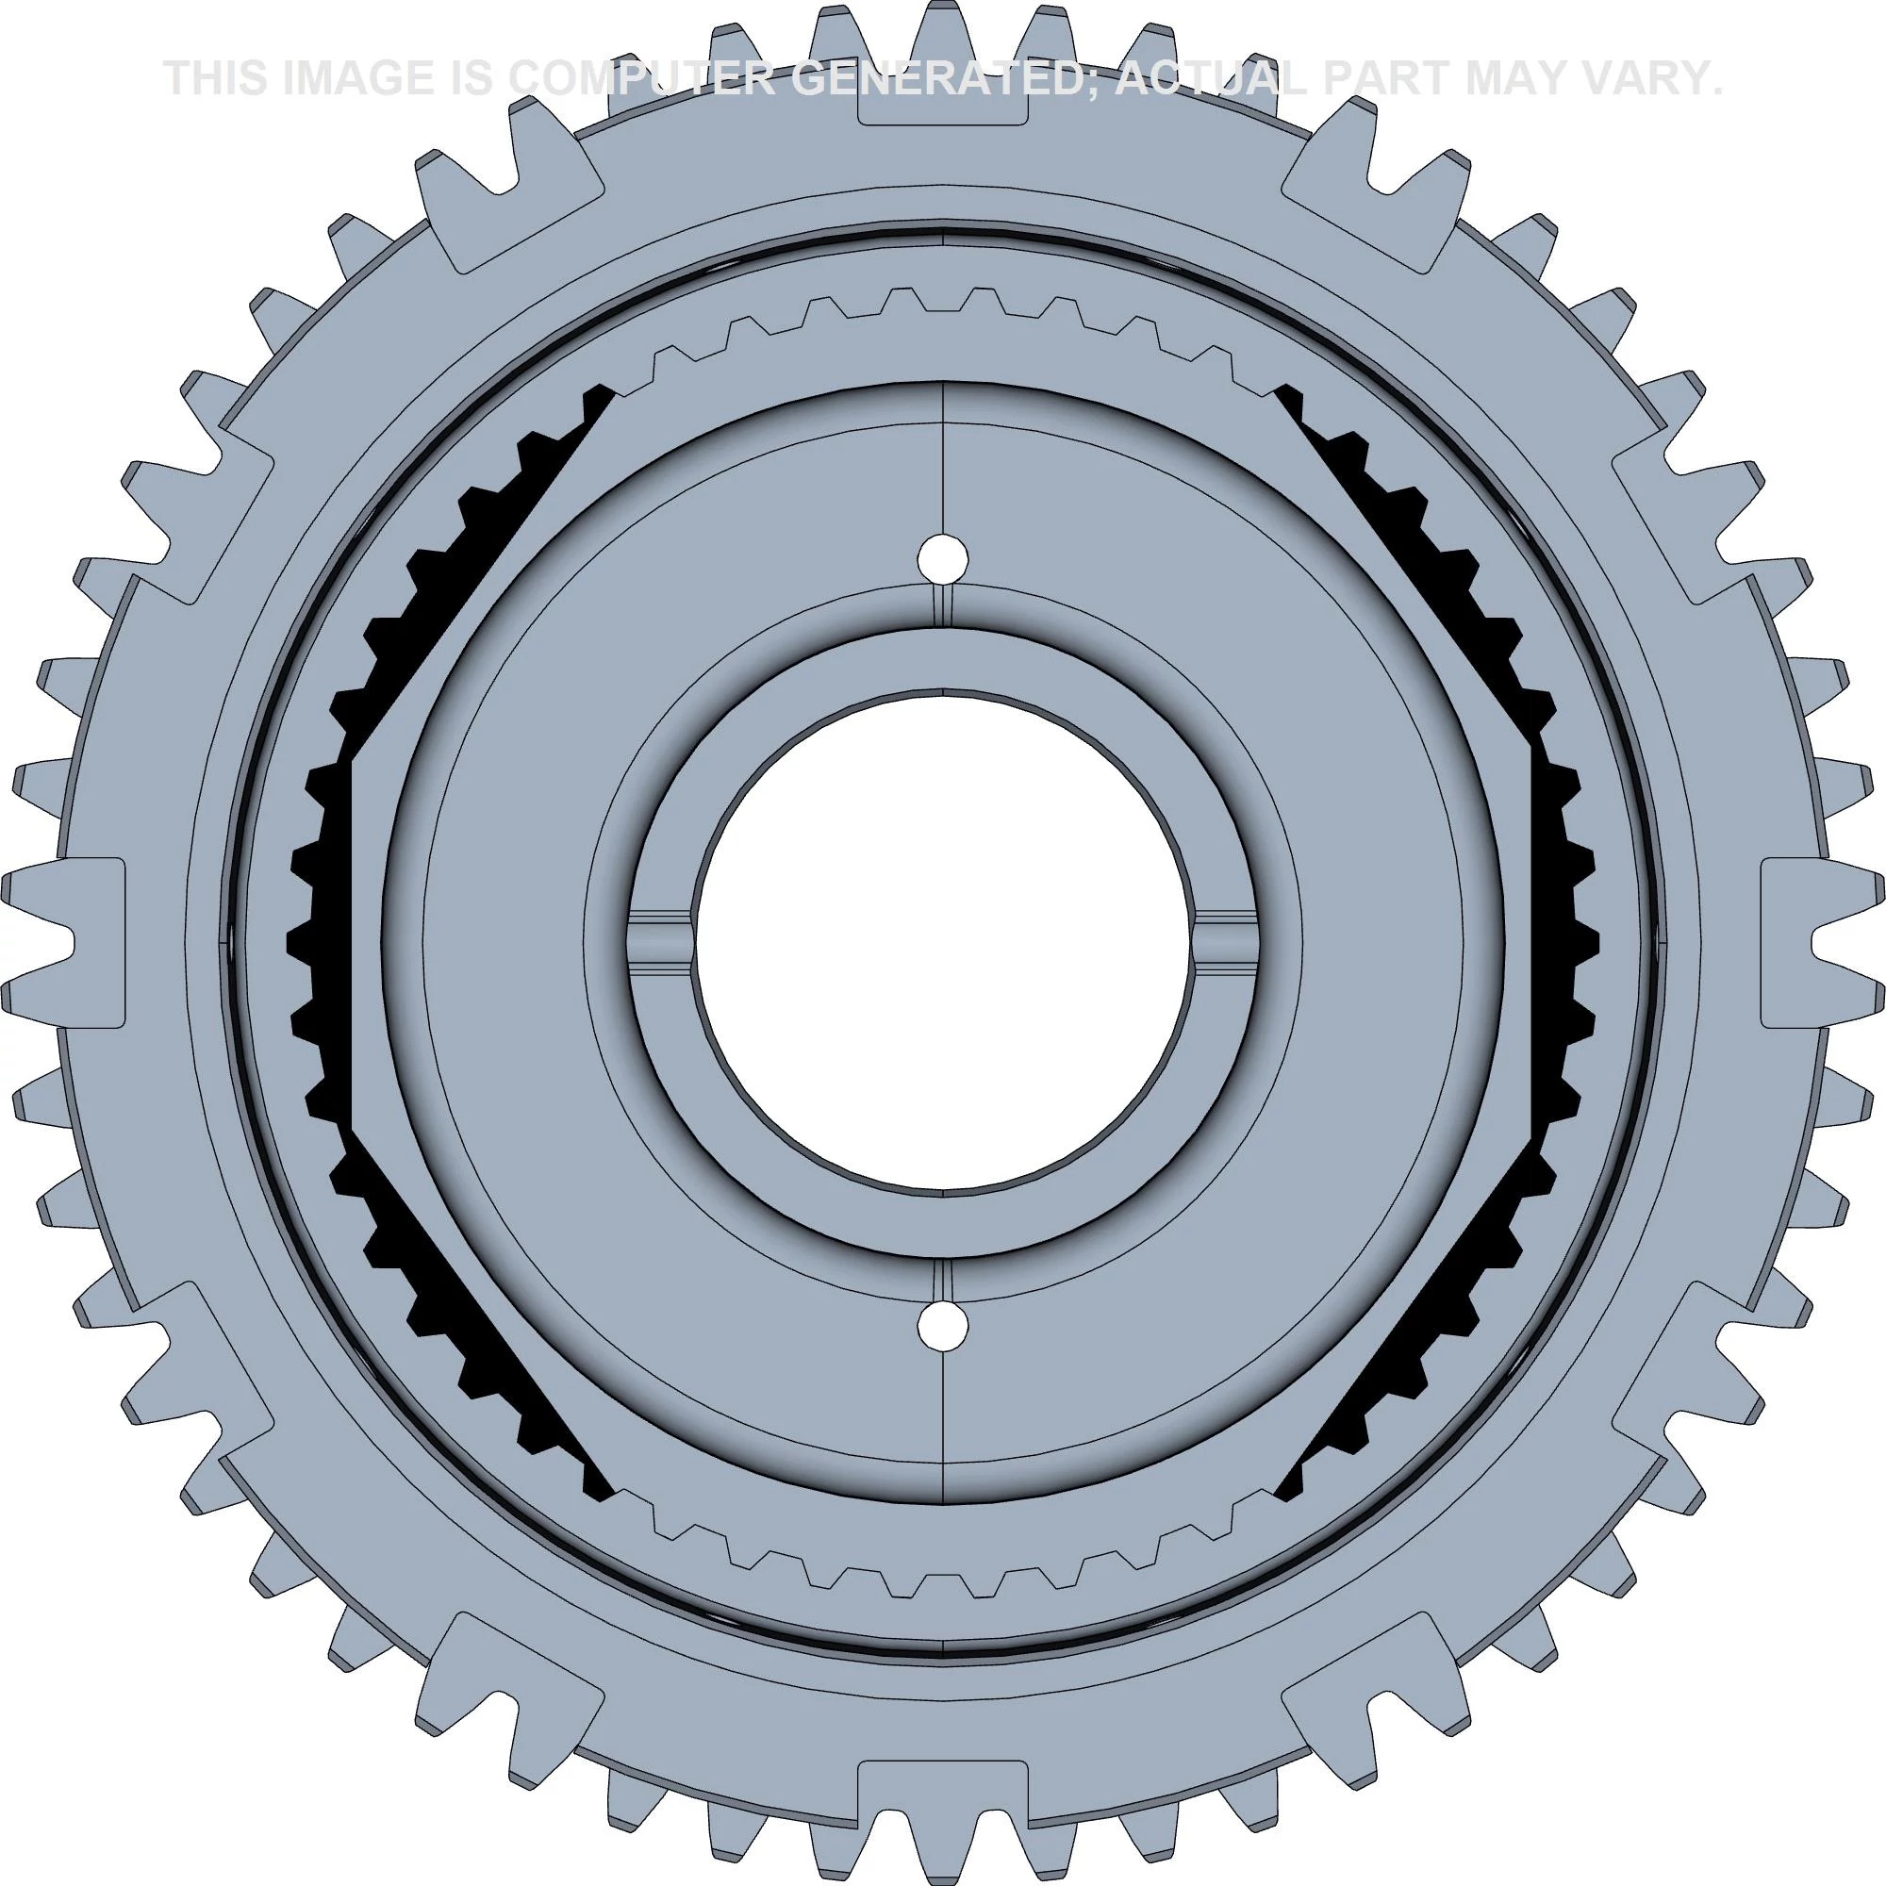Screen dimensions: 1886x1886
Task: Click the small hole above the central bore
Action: click(944, 558)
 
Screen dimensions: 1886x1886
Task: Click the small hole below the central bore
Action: click(944, 1327)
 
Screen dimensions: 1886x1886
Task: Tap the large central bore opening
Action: click(944, 943)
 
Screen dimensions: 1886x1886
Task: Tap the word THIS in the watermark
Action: click(216, 78)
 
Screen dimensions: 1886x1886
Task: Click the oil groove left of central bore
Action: click(659, 943)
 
